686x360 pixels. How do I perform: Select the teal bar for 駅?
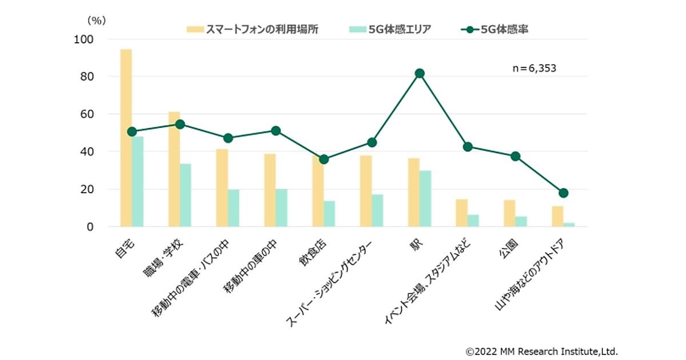425,198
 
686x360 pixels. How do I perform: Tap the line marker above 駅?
420,73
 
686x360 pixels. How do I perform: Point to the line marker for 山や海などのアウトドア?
564,193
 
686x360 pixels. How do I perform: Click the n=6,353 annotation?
534,68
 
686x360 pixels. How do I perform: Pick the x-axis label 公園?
511,247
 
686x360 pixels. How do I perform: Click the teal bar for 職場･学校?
185,195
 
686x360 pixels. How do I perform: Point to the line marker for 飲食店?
324,159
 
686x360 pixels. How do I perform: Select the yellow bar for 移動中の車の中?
270,190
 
